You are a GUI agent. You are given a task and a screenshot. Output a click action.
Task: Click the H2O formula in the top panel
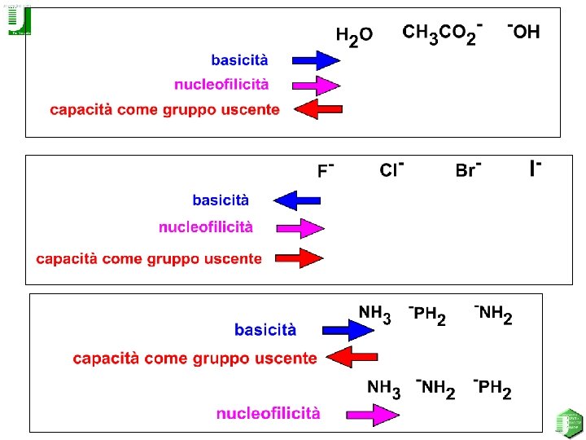pos(355,36)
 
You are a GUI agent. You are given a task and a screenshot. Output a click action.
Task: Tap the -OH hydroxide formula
pos(523,32)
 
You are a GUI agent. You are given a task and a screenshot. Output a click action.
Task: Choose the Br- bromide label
pos(469,169)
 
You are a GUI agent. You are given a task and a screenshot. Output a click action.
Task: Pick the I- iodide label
pos(536,168)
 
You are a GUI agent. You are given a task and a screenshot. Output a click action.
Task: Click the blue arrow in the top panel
pos(316,59)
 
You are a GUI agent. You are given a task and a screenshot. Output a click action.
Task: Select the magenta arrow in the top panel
pos(316,85)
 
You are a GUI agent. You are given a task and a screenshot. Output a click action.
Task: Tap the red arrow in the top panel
pos(317,109)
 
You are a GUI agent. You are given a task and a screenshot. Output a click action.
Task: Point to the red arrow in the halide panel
pos(300,258)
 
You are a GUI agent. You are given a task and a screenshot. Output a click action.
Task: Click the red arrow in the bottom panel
pos(353,356)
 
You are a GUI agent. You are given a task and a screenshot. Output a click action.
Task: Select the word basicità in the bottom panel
pos(265,330)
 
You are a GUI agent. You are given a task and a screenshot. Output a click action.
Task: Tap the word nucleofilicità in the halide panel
pos(206,227)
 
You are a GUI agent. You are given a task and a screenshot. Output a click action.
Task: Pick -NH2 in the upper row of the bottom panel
pos(493,314)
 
